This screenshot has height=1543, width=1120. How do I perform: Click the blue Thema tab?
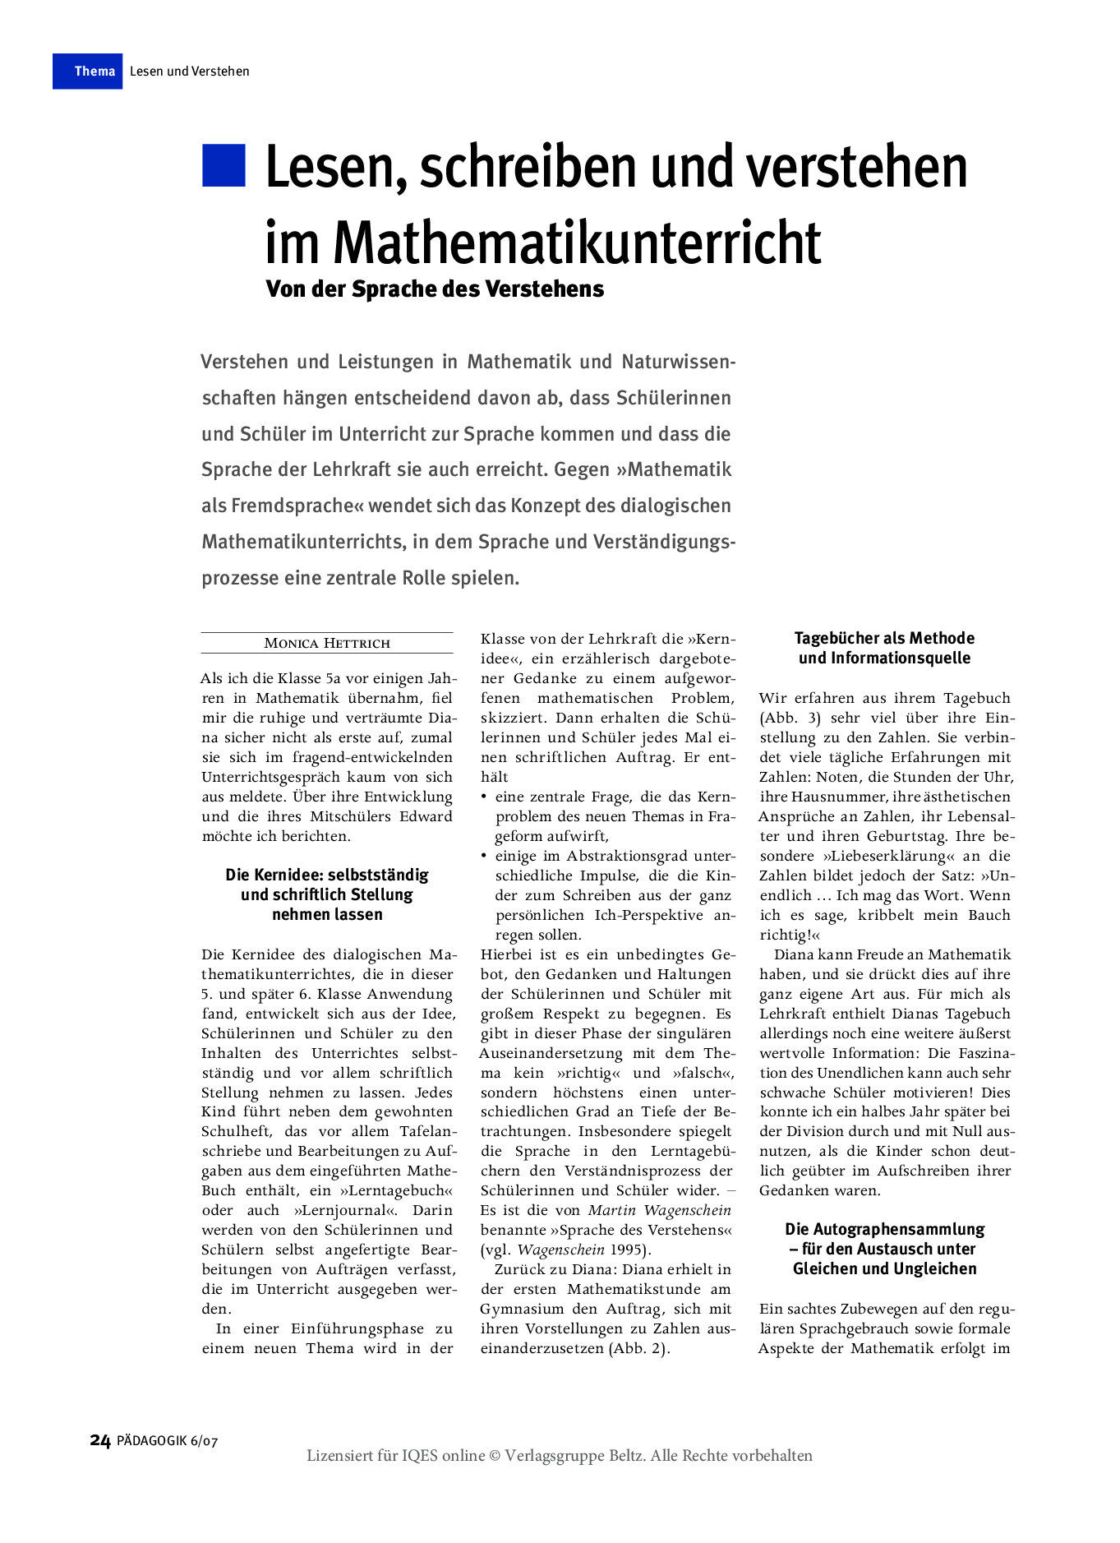coord(88,72)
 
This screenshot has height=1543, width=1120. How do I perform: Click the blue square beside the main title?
coord(224,165)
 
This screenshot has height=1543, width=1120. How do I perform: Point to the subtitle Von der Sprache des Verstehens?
coord(435,289)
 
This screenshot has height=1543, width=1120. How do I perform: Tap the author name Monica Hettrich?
coord(326,644)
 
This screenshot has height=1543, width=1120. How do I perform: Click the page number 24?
coord(99,1440)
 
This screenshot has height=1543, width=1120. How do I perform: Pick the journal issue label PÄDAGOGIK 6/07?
coord(168,1441)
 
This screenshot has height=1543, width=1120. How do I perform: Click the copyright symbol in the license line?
coord(495,1456)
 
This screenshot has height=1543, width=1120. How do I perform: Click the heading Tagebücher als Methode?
coord(884,639)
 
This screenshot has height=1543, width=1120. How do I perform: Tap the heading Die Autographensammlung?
coord(884,1230)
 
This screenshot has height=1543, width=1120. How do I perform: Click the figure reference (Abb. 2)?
coord(639,1349)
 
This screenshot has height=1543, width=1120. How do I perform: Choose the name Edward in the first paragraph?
coord(426,817)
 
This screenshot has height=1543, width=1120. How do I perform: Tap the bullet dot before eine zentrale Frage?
coord(485,797)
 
